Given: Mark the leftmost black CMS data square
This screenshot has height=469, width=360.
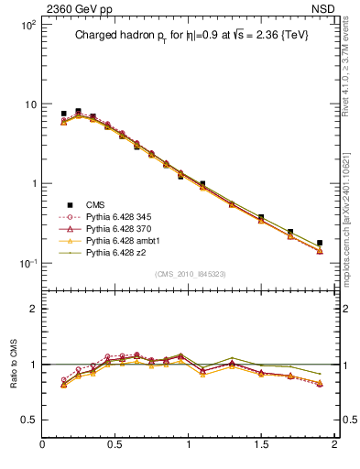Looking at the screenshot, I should coord(63,114).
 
